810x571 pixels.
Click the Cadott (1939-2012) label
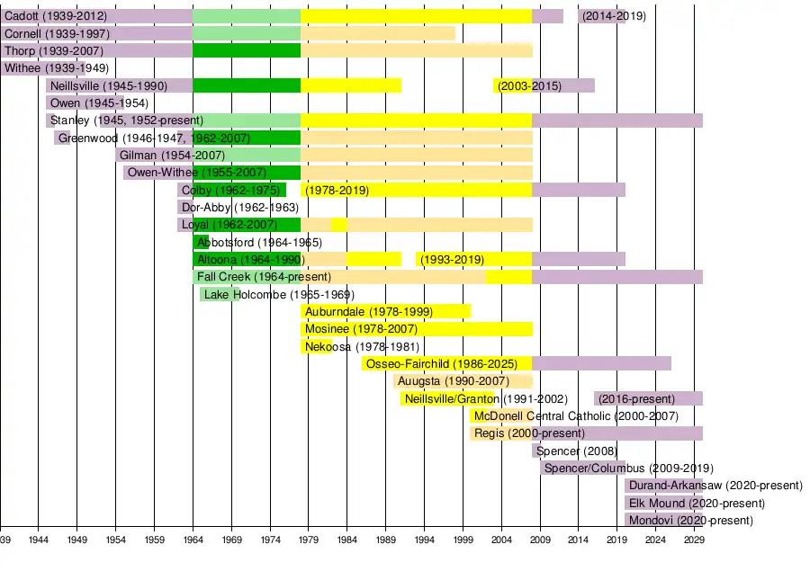[x=56, y=16]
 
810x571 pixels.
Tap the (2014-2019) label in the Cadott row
[x=613, y=16]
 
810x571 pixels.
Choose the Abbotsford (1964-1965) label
[x=259, y=243]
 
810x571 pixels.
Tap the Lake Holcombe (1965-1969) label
[x=279, y=295]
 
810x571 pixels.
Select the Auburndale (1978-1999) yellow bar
[x=385, y=312]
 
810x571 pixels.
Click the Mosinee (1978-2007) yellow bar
[x=416, y=329]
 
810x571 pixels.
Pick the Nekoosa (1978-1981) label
[x=362, y=347]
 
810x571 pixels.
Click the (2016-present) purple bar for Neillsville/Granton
[x=648, y=398]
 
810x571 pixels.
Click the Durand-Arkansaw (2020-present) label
[x=715, y=486]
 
